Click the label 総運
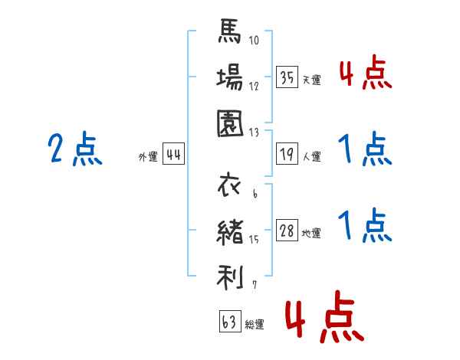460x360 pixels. (x=255, y=324)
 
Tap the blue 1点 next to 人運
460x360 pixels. (x=365, y=149)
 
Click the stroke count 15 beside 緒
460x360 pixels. (x=254, y=240)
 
